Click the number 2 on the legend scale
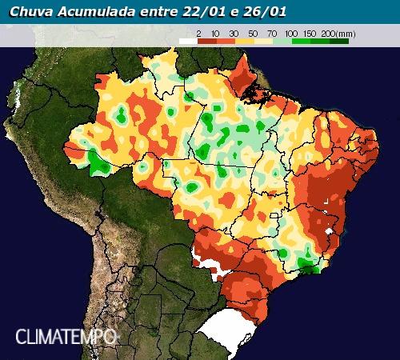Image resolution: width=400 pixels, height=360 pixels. [198, 33]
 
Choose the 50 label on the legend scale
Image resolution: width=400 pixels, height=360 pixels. [254, 33]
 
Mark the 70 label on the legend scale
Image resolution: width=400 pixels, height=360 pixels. [272, 33]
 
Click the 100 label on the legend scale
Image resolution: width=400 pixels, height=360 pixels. [290, 33]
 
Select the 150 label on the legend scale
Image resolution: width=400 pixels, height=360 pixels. [309, 33]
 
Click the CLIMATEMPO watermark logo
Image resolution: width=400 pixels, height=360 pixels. [66, 336]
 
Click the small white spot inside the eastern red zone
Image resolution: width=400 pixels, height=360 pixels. [328, 233]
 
